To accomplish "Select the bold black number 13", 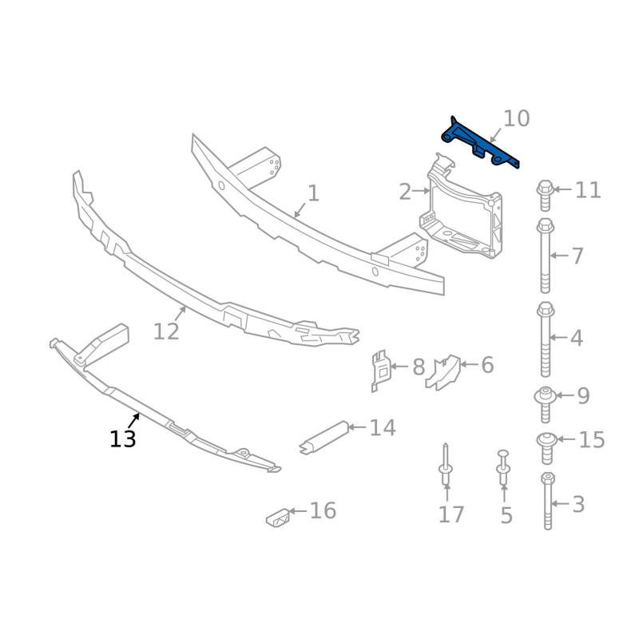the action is [123, 439].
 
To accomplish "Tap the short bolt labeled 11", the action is [545, 196].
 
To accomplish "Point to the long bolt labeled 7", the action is [546, 256].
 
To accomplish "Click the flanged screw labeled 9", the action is [546, 404].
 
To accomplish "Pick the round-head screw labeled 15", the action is [547, 448].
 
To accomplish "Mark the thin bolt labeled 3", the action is [548, 501].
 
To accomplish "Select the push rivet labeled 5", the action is [503, 467].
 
